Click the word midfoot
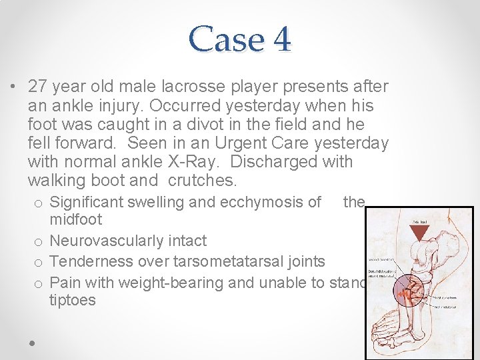click(75, 219)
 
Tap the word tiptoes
click(73, 301)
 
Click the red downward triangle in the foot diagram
click(419, 233)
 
